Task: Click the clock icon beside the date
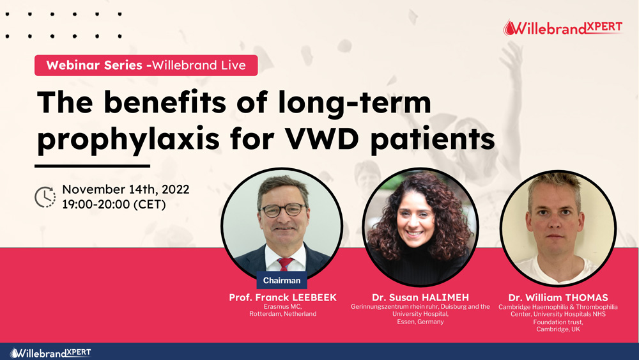coord(45,198)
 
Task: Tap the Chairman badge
coord(282,281)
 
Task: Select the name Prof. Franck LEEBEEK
coord(283,297)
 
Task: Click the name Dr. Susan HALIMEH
coord(420,297)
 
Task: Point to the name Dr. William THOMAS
coord(558,297)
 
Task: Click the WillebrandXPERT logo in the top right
coord(563,27)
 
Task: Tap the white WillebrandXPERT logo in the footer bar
coord(50,353)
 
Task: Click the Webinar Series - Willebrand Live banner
coord(146,65)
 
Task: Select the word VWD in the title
coord(322,139)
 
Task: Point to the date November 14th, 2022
coord(125,189)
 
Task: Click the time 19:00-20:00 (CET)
coord(114,204)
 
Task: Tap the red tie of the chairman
coord(285,264)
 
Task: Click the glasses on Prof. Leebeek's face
coord(283,210)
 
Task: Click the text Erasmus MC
coord(282,306)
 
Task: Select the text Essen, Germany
coord(420,322)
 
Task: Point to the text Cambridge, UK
coord(558,329)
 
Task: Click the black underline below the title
coord(93,166)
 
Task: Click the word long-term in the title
coord(354,103)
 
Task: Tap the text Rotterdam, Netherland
coord(283,314)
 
